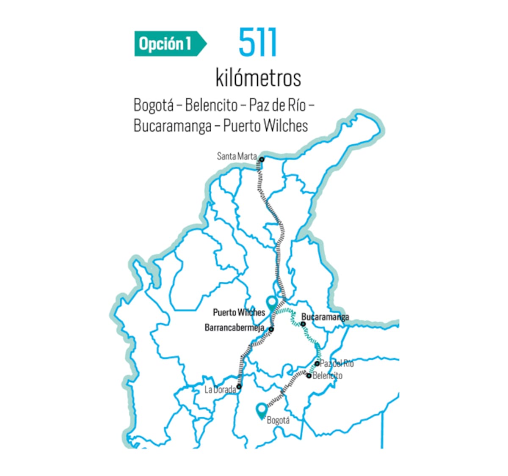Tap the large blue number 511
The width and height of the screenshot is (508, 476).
258,42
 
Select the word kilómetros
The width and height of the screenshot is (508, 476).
258,78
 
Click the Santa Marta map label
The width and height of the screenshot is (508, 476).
237,156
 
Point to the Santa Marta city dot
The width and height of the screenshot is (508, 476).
262,160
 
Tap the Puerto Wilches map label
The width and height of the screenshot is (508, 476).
239,313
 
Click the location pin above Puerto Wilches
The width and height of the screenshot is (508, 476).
272,303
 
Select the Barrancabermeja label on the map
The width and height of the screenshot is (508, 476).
235,328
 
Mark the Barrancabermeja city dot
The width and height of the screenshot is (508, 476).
271,329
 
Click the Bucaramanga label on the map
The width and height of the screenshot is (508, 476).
325,317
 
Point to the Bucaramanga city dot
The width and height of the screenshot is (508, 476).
303,324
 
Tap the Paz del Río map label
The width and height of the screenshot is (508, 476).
337,363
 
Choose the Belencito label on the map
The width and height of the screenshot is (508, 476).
327,376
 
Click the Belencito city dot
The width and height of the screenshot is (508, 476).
309,376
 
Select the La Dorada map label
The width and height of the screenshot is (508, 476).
220,390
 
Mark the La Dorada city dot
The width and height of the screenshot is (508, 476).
239,386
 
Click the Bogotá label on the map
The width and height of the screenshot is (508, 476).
278,421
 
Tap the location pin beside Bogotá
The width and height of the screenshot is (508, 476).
262,410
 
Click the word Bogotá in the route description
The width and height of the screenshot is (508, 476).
153,105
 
